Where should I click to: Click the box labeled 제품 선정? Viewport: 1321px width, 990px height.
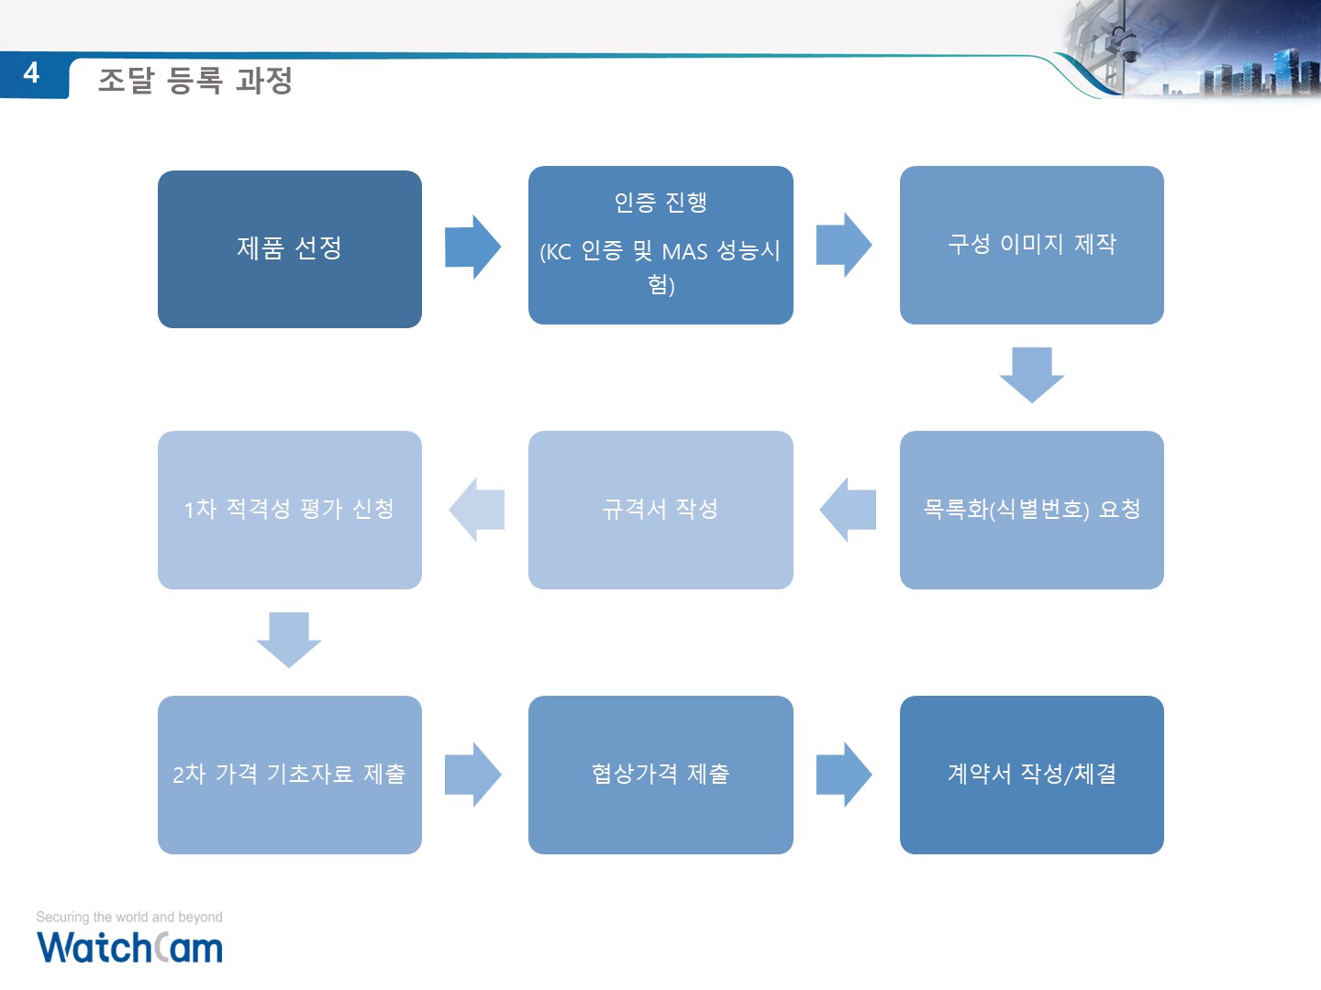[290, 248]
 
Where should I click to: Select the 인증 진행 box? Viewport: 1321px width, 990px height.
[660, 246]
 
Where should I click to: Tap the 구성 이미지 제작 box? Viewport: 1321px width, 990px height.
[1031, 246]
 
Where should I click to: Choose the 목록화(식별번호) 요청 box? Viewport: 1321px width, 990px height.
[1031, 510]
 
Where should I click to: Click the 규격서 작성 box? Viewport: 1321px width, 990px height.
[660, 510]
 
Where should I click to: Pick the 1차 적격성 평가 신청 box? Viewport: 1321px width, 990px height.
[290, 510]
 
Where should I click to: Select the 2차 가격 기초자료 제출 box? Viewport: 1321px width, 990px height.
[290, 775]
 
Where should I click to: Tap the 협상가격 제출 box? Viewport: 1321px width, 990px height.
[660, 775]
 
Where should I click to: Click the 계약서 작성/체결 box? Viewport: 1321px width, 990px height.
[1031, 775]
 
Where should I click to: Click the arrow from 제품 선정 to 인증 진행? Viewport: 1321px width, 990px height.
[473, 247]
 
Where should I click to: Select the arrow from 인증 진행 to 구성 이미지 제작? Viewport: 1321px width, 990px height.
[844, 245]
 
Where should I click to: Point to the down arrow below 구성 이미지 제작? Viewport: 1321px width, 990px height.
[1031, 375]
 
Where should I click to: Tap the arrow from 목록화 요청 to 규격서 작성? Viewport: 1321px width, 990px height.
[848, 510]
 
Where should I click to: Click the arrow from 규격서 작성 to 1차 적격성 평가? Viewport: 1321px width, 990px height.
[477, 510]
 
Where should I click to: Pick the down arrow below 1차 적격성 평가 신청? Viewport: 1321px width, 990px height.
[289, 640]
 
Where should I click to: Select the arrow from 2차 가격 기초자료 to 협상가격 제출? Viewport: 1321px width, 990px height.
[473, 775]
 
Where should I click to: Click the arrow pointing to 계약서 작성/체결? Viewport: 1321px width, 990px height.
[844, 775]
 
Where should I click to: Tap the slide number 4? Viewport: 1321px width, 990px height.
[31, 73]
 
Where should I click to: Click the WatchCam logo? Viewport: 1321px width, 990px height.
[129, 947]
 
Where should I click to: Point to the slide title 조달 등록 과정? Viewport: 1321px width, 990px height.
[195, 81]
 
